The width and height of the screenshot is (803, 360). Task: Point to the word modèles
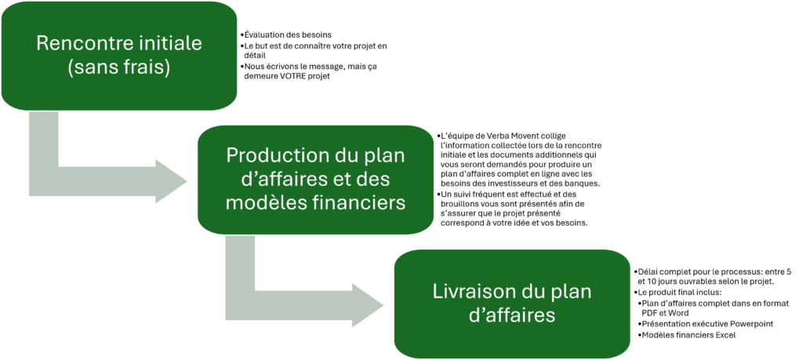coord(261,202)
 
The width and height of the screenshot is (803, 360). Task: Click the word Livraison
coord(468,292)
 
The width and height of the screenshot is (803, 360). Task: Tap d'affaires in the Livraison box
coord(511,316)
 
